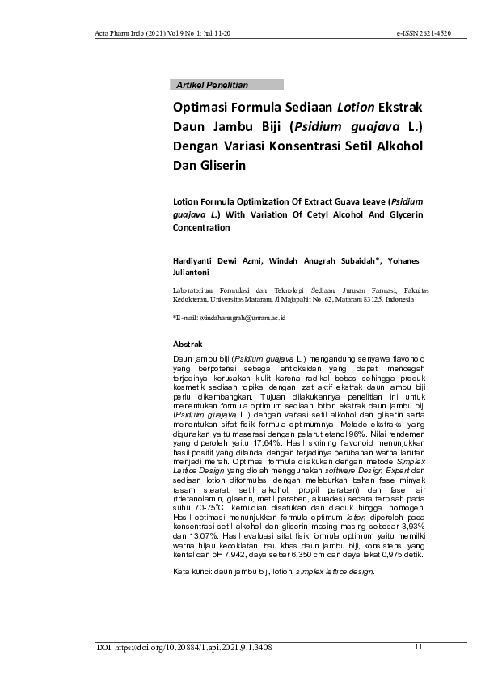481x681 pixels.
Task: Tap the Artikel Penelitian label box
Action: pyautogui.click(x=228, y=84)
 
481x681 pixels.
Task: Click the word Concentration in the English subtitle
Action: pyautogui.click(x=202, y=227)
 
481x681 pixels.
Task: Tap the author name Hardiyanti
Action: pyautogui.click(x=196, y=260)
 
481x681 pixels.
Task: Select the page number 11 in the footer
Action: pyautogui.click(x=419, y=647)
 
